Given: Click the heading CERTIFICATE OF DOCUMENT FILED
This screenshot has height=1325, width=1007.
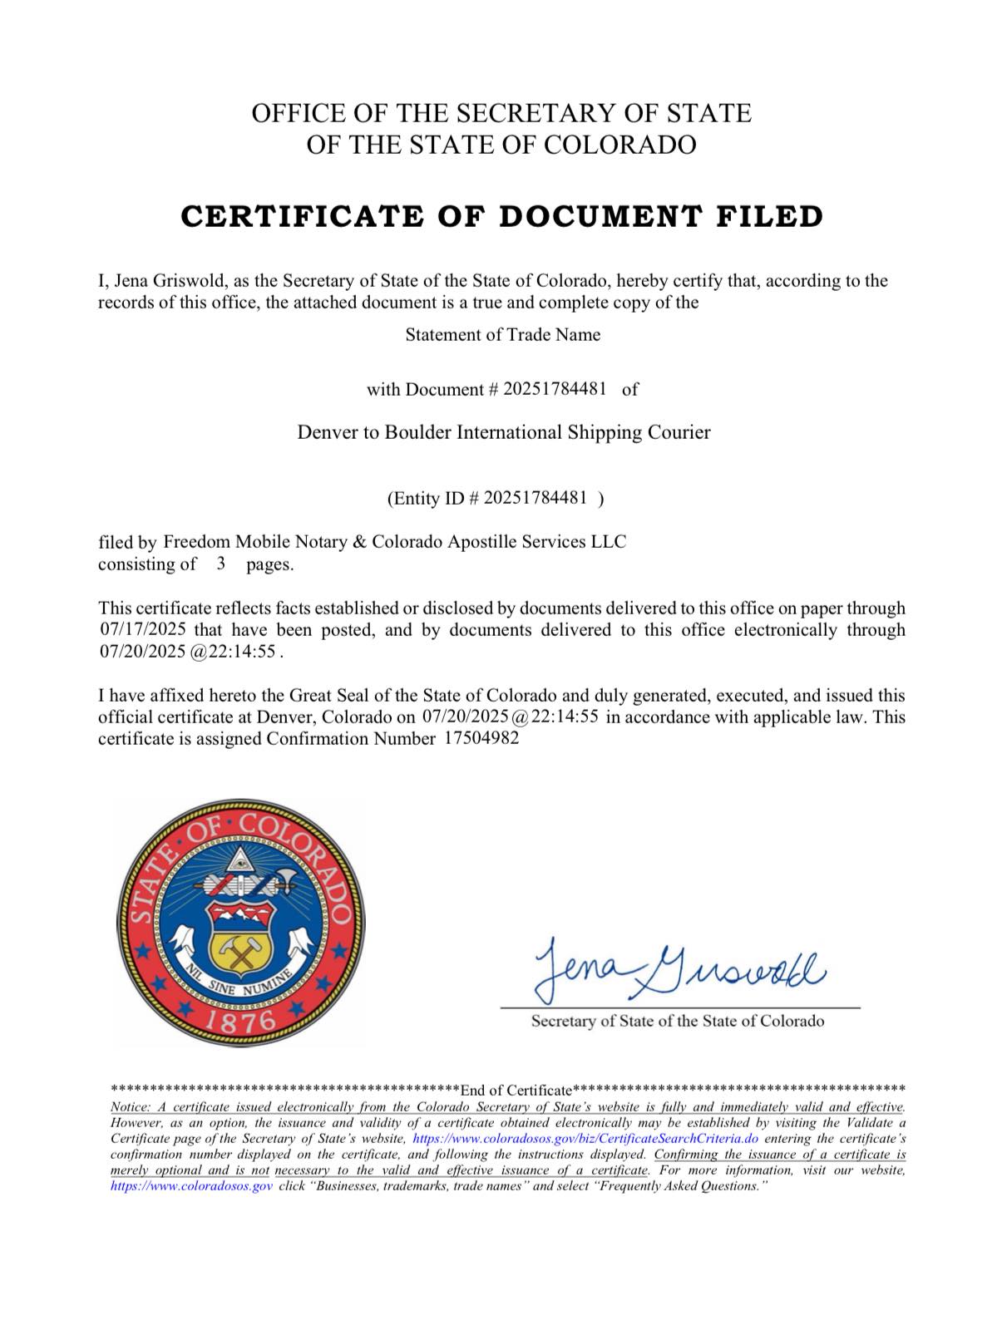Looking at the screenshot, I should click(502, 216).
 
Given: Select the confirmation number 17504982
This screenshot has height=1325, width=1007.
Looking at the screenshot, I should click(476, 738).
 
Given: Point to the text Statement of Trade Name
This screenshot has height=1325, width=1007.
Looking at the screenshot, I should click(502, 335).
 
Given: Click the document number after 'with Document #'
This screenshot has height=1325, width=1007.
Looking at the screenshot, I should click(555, 388).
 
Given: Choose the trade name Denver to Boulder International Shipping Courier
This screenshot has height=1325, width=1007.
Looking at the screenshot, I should click(504, 432).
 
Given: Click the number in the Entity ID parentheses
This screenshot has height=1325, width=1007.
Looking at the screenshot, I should click(535, 498).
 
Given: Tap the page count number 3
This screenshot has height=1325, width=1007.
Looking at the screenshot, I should click(221, 564).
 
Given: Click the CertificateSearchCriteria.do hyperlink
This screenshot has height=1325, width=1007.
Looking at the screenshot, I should click(585, 1139).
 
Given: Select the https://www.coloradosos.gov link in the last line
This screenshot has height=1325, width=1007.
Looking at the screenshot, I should click(191, 1186).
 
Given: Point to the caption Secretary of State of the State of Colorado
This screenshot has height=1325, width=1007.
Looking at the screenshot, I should click(678, 1021).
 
